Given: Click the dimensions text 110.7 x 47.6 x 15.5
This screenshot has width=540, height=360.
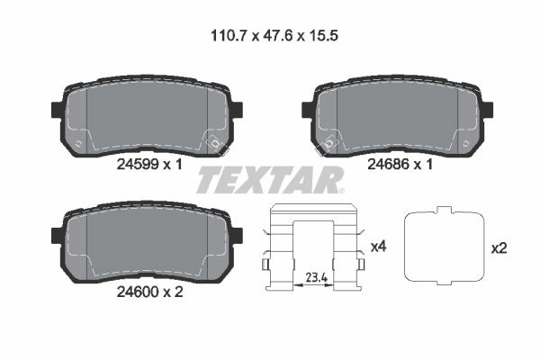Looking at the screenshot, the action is pos(274,36).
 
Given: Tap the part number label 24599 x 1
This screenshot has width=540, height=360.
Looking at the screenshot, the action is pos(149,165).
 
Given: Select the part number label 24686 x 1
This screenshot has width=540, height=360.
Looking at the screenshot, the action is pos(400,165).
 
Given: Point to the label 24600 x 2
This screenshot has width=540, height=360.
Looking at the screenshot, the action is pos(149,292).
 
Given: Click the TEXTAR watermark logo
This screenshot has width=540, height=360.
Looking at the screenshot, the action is pos(270,179).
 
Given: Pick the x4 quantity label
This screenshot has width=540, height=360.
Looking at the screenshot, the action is pos(379,247).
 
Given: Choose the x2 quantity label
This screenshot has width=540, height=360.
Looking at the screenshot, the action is pos(499,248).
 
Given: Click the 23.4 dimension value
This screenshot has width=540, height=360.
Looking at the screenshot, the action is pos(317,277).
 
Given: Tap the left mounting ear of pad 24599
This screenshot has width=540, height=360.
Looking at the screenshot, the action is pos(57,109).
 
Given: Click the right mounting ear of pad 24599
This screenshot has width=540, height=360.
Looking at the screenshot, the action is pos(238,109).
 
